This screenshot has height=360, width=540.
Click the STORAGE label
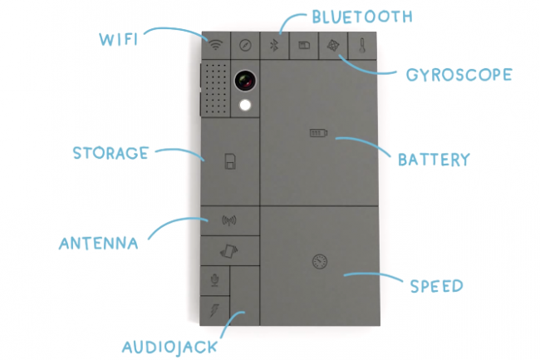coord(110,153)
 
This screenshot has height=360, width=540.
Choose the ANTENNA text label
coord(98,244)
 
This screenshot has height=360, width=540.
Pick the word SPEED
coord(436,286)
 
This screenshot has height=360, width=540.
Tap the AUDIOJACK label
coord(169,346)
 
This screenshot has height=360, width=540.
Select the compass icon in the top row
coord(246,46)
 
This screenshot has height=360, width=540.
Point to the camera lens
coord(245,80)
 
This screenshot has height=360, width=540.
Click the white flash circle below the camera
coord(245,105)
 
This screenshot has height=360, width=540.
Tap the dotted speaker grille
coord(215,89)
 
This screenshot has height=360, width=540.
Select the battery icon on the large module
coord(319,132)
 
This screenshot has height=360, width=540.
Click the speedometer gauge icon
coord(319,262)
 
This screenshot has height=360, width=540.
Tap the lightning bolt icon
coord(214,310)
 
